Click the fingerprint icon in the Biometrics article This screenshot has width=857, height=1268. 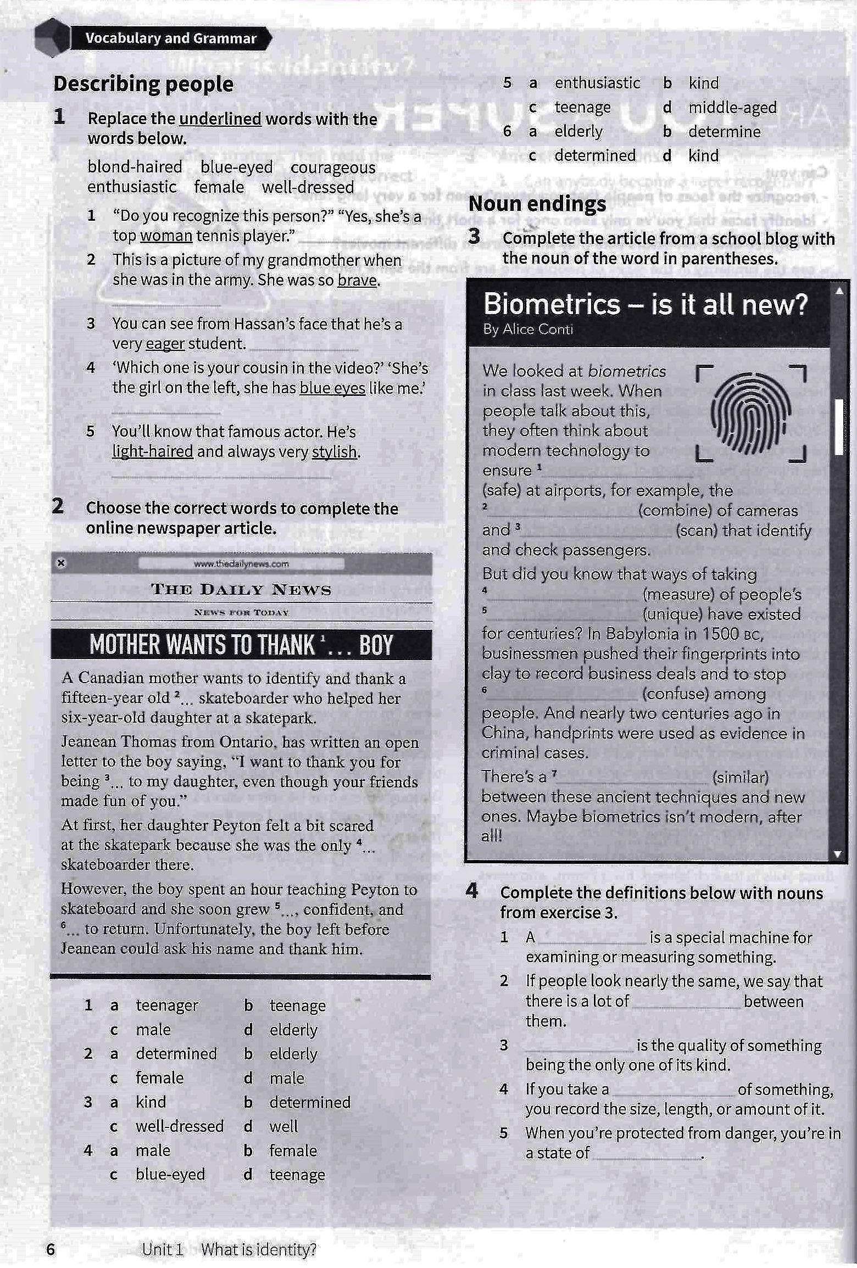pyautogui.click(x=750, y=413)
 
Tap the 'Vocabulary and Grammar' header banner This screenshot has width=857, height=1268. pyautogui.click(x=171, y=38)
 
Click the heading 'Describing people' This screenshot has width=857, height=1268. pyautogui.click(x=143, y=84)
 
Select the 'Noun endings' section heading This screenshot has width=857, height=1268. pyautogui.click(x=537, y=204)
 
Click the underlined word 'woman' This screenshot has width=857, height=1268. pyautogui.click(x=166, y=236)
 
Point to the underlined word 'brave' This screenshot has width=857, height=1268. pyautogui.click(x=358, y=280)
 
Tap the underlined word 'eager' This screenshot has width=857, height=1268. pyautogui.click(x=165, y=344)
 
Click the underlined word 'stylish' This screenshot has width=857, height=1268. pyautogui.click(x=335, y=452)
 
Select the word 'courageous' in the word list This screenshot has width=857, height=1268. pyautogui.click(x=333, y=167)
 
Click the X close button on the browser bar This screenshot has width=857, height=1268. pyautogui.click(x=61, y=563)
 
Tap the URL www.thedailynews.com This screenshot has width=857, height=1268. pyautogui.click(x=241, y=563)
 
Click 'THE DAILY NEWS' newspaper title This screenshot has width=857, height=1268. pyautogui.click(x=241, y=590)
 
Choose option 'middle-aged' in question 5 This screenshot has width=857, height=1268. pyautogui.click(x=732, y=108)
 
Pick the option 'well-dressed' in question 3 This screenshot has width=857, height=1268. pyautogui.click(x=180, y=1126)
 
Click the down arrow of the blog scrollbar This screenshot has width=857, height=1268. pyautogui.click(x=838, y=854)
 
